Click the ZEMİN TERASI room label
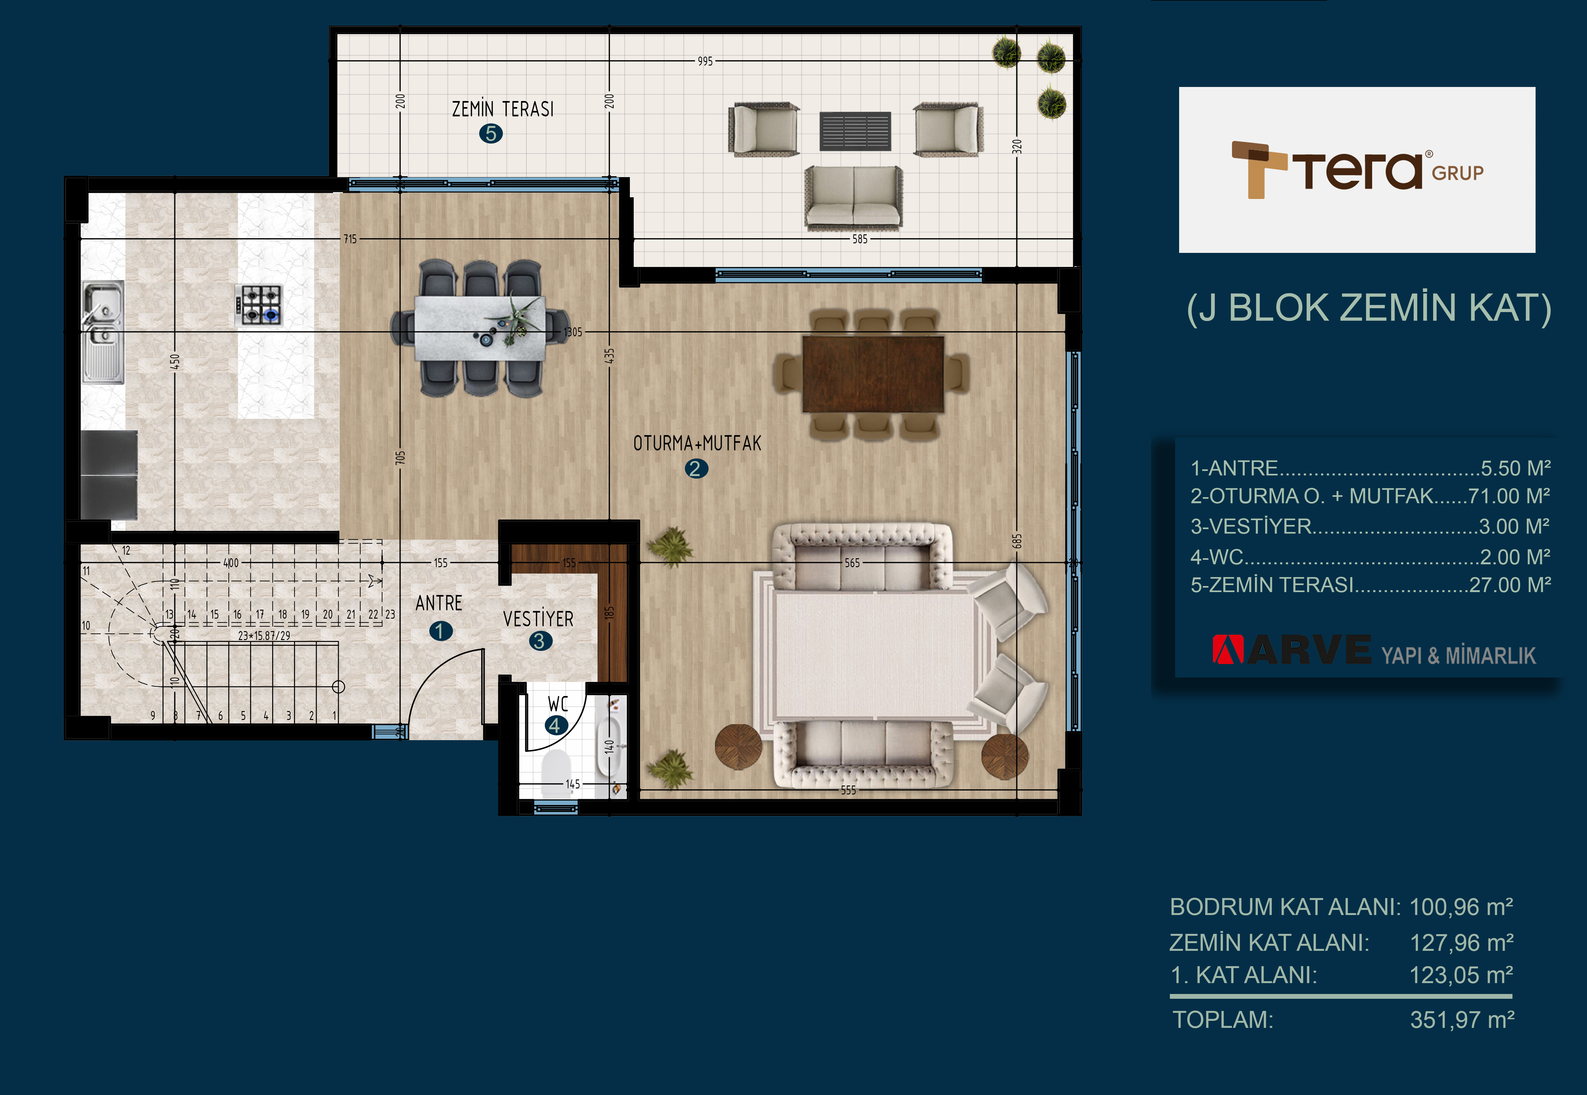click(x=503, y=109)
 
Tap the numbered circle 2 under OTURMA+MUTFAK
click(x=695, y=469)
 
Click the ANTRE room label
click(x=439, y=603)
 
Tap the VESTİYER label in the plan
click(x=538, y=619)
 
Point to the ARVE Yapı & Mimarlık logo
click(x=1374, y=650)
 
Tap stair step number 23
click(x=390, y=614)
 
